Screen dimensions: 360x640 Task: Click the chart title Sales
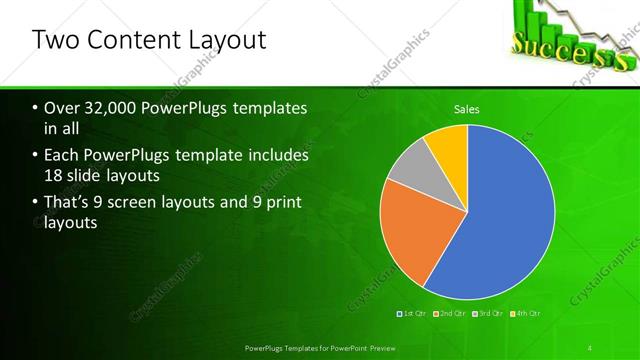click(467, 108)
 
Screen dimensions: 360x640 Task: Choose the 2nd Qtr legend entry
click(451, 314)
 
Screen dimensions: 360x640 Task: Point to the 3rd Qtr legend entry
click(487, 314)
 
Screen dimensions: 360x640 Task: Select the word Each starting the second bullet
click(60, 157)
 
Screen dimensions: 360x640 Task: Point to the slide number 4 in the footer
click(590, 347)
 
